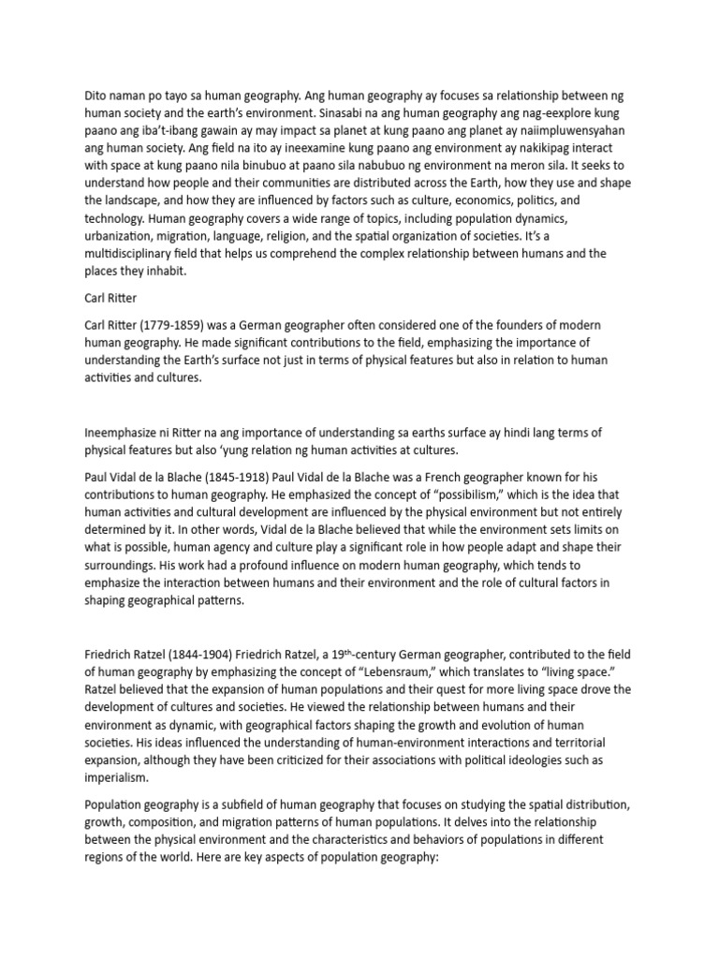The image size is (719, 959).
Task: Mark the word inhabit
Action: pyautogui.click(x=165, y=272)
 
